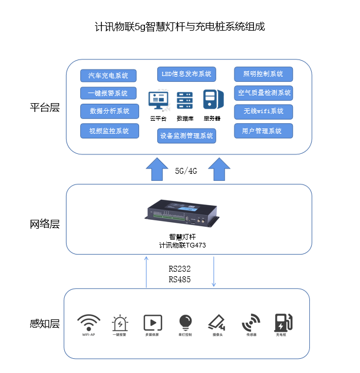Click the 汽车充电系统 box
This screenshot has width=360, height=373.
click(x=108, y=75)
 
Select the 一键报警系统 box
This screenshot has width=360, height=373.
click(x=108, y=93)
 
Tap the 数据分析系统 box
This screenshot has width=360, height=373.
click(x=108, y=111)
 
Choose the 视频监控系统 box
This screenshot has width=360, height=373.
click(x=108, y=131)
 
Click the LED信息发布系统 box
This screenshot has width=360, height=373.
click(x=187, y=74)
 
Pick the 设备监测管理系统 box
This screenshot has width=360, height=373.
click(x=187, y=136)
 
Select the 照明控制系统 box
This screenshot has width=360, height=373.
click(x=263, y=74)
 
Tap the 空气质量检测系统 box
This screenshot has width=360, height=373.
click(x=263, y=93)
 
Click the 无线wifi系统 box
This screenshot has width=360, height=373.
click(x=263, y=111)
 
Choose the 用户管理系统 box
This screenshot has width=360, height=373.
click(x=263, y=131)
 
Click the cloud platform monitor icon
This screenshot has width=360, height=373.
click(x=158, y=101)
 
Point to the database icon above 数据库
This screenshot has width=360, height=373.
click(x=185, y=101)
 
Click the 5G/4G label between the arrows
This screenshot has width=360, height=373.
click(x=187, y=171)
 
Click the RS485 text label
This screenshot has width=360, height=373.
click(x=180, y=279)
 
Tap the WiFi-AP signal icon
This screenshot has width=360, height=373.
click(x=88, y=322)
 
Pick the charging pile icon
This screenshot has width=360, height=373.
click(x=283, y=322)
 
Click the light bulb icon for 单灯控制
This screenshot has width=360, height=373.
click(x=186, y=322)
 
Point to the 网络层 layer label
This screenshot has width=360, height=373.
click(x=45, y=225)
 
